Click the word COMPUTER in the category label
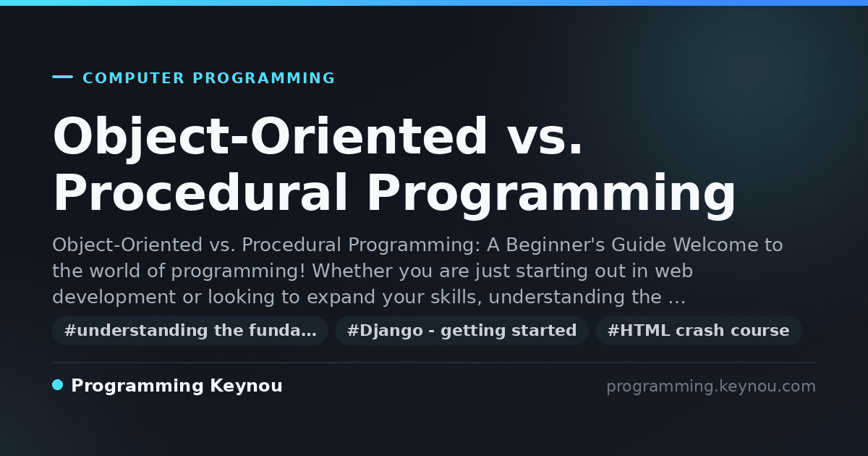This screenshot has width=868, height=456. pyautogui.click(x=133, y=78)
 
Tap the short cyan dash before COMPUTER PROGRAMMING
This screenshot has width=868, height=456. pyautogui.click(x=62, y=77)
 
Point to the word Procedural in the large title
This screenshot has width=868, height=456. pyautogui.click(x=200, y=193)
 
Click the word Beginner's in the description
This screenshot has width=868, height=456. pyautogui.click(x=555, y=245)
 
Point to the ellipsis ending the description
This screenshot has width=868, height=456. pyautogui.click(x=677, y=302)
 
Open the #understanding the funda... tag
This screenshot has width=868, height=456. pyautogui.click(x=190, y=330)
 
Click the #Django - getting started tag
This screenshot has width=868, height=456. pyautogui.click(x=462, y=330)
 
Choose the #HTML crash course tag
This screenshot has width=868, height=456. pyautogui.click(x=698, y=330)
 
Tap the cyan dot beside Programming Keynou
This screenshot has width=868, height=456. pyautogui.click(x=58, y=385)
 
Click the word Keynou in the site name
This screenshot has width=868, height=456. pyautogui.click(x=246, y=386)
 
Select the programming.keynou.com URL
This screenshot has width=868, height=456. pyautogui.click(x=711, y=387)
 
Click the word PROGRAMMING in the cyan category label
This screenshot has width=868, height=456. pyautogui.click(x=264, y=78)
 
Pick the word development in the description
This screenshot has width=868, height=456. pyautogui.click(x=114, y=297)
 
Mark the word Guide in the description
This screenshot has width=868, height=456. pyautogui.click(x=639, y=245)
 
